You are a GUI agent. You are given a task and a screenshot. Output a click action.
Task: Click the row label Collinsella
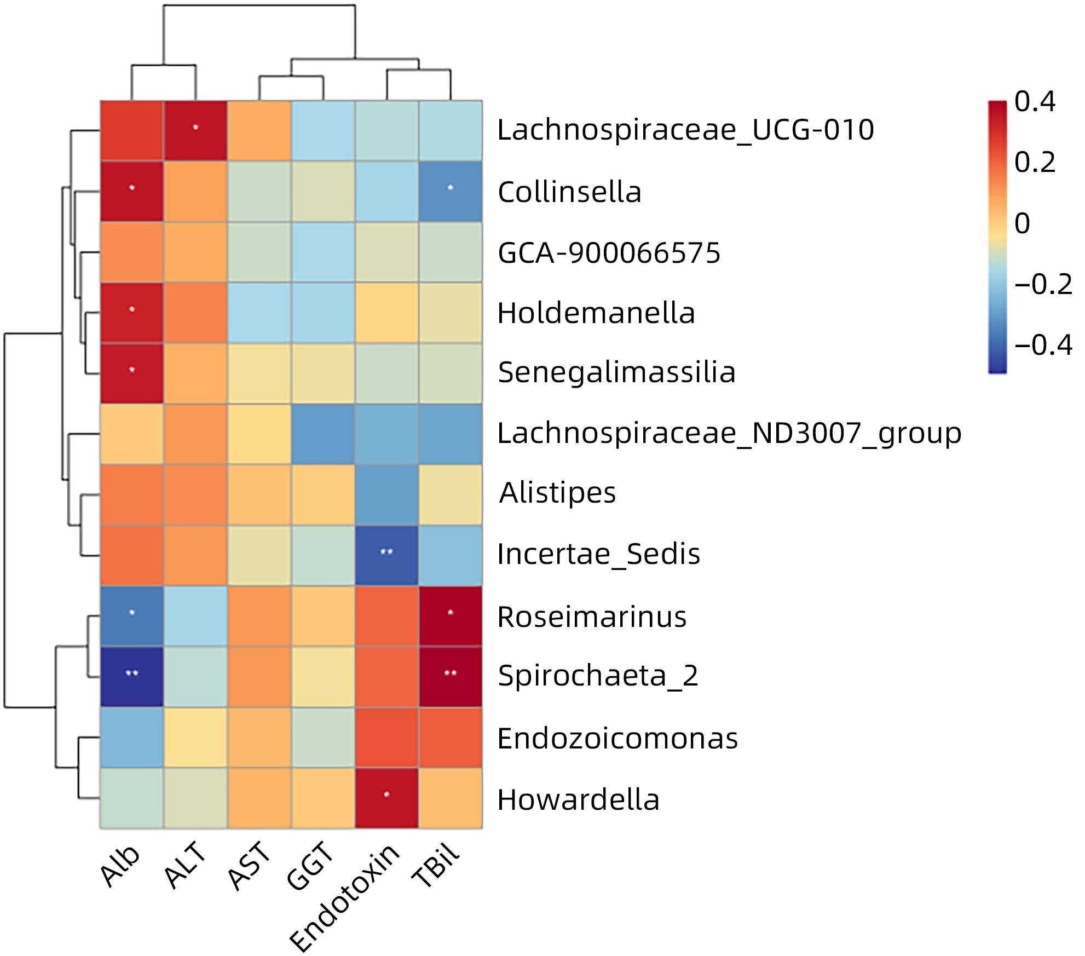click(569, 192)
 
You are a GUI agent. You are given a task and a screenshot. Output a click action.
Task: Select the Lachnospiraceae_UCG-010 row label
click(685, 130)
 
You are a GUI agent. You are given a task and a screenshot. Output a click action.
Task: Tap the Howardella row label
click(578, 799)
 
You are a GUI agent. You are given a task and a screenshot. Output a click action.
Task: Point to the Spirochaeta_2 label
click(598, 676)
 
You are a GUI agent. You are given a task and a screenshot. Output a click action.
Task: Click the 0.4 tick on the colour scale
click(1035, 102)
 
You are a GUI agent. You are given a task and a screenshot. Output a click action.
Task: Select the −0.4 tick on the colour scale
click(1043, 345)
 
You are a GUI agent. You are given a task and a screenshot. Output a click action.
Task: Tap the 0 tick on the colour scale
click(1023, 224)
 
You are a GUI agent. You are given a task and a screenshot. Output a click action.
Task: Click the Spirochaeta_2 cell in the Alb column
click(131, 677)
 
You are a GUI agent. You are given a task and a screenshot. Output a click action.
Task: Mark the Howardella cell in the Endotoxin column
click(386, 798)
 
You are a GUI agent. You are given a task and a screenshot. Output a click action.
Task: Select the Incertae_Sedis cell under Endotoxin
click(386, 555)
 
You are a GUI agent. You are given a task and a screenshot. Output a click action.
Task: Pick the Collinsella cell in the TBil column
click(451, 191)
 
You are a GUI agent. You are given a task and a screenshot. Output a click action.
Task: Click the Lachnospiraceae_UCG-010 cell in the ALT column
click(195, 131)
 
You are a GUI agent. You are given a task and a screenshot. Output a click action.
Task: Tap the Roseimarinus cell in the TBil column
click(451, 616)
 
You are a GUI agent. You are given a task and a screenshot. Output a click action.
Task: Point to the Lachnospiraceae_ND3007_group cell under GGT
click(323, 434)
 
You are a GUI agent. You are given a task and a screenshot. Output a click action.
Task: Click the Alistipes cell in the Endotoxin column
click(386, 494)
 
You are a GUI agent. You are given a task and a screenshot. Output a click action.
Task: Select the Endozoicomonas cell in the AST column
click(259, 738)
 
